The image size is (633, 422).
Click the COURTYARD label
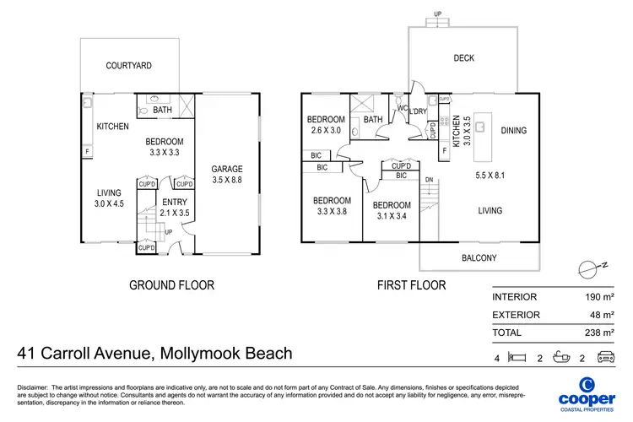pos(128,65)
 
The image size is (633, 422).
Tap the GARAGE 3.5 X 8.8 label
pos(227,174)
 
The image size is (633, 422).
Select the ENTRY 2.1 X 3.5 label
pos(175,208)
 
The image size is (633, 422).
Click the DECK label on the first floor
pos(463,58)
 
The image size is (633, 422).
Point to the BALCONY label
pos(479,258)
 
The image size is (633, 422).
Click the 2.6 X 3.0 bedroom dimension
pos(326,131)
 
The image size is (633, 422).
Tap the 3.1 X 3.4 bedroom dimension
pos(391,216)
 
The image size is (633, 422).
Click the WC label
pos(403,107)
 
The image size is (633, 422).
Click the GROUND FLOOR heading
pos(171,285)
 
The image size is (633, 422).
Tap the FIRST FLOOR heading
pos(411,285)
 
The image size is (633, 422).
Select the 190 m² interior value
pos(598,296)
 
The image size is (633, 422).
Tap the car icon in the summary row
pos(605,357)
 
